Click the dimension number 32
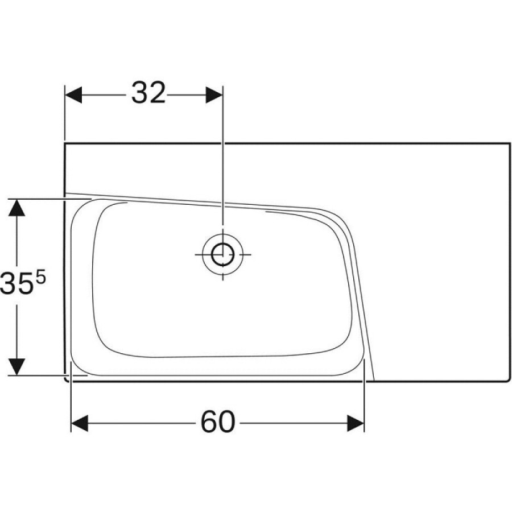tap(148, 93)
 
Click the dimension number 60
tap(218, 422)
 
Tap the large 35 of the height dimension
tap(16, 283)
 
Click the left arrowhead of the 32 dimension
tap(73, 95)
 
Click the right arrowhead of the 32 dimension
tap(214, 95)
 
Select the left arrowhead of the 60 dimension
tap(79, 423)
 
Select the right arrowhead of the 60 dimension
tap(356, 423)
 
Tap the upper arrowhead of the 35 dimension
tap(16, 208)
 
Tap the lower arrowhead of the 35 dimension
tap(16, 367)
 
